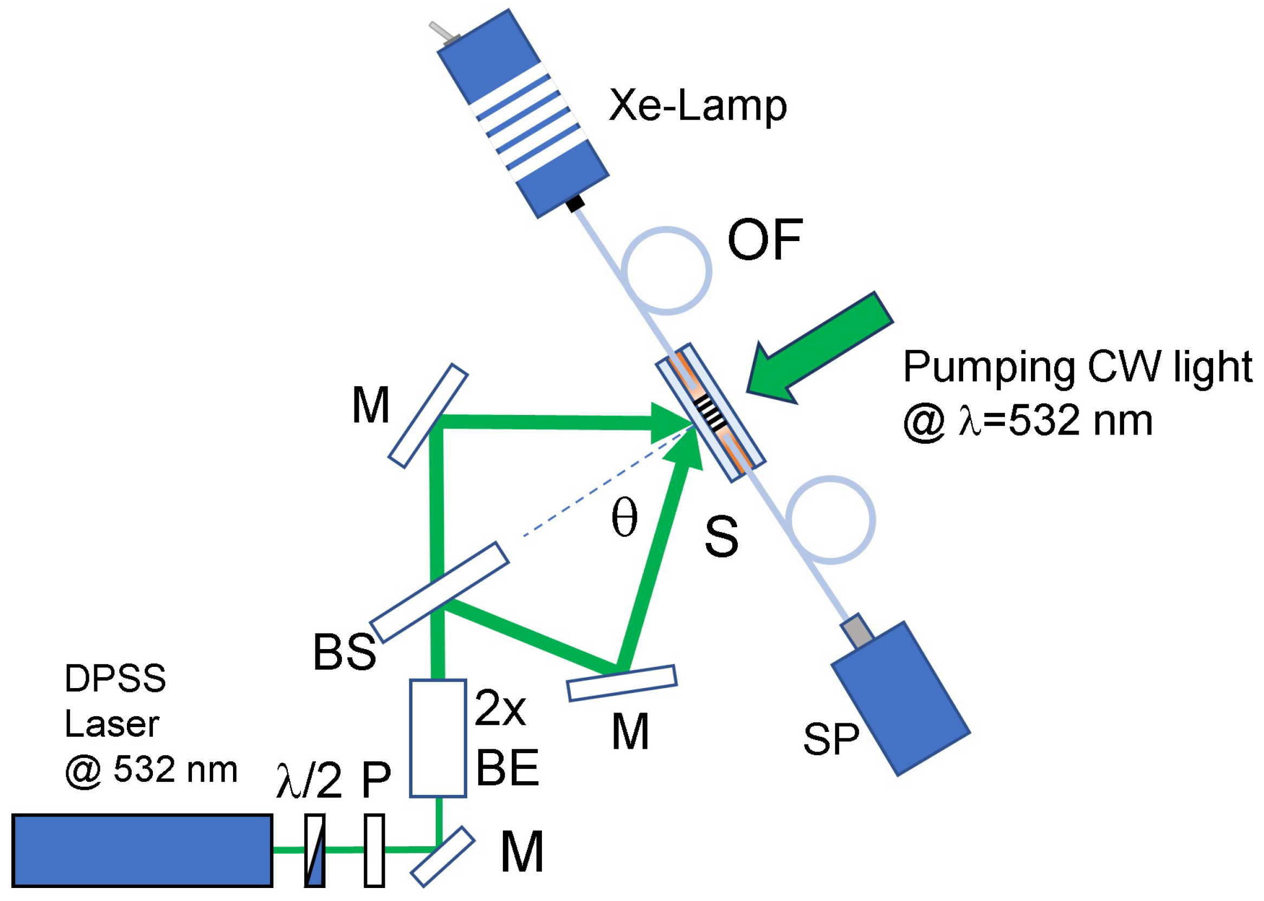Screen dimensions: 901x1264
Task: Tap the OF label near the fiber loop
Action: tap(765, 239)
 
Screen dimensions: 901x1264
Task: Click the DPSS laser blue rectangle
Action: tap(142, 850)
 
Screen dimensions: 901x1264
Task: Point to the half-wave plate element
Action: tap(314, 850)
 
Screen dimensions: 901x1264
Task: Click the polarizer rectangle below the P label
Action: tap(375, 850)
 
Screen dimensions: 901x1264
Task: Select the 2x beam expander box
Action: tap(438, 738)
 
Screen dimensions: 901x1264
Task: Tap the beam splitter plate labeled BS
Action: tap(439, 593)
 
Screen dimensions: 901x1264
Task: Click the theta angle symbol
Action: tap(624, 517)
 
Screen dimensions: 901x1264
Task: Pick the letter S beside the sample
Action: tap(721, 536)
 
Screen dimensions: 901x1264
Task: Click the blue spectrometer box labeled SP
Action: tap(900, 698)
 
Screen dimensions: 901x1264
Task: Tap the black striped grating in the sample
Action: tap(711, 413)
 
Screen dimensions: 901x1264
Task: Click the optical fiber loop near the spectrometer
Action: tap(830, 520)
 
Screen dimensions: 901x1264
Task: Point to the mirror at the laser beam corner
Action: tap(442, 857)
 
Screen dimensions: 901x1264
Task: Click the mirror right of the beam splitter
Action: tap(622, 683)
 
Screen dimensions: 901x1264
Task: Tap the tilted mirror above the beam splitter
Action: tap(428, 416)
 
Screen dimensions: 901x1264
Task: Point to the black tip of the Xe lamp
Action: tap(575, 204)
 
